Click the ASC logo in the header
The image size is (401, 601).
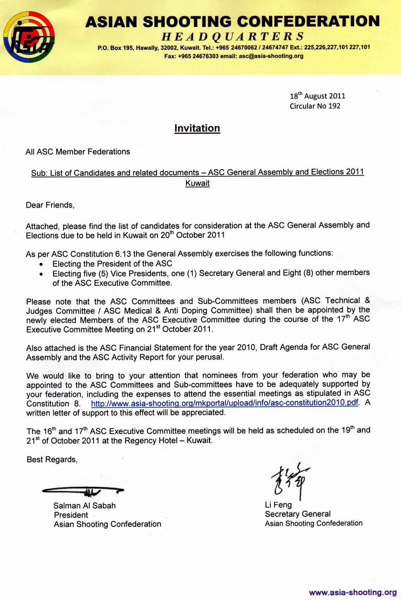(x=29, y=37)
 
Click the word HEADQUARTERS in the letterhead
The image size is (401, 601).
(x=233, y=36)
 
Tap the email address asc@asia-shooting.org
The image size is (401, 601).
(x=271, y=56)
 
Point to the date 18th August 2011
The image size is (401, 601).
(x=317, y=96)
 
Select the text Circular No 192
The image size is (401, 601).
(x=315, y=106)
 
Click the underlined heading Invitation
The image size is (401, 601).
(x=197, y=128)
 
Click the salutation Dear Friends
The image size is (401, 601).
(x=50, y=205)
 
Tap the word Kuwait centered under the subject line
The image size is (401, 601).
(x=198, y=183)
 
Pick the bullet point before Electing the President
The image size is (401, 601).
(x=42, y=264)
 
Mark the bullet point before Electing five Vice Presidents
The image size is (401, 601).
(x=42, y=274)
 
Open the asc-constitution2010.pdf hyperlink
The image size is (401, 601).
(x=224, y=403)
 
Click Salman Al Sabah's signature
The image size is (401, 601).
(x=83, y=490)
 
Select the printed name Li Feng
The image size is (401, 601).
(x=278, y=505)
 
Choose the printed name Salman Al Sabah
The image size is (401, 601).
(x=85, y=506)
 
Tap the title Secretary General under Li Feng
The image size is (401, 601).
(x=298, y=514)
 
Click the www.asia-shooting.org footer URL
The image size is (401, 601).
(x=353, y=593)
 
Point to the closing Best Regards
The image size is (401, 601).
(x=52, y=460)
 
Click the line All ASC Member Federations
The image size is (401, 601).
(x=78, y=152)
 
